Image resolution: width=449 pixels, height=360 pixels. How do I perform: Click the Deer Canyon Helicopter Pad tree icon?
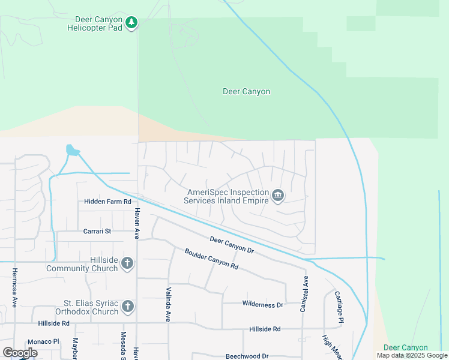click(x=131, y=23)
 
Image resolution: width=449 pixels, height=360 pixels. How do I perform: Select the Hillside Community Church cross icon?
click(x=127, y=263)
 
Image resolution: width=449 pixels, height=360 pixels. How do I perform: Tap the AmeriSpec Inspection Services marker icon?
click(x=278, y=196)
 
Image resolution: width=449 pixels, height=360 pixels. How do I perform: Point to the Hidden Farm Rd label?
click(x=107, y=202)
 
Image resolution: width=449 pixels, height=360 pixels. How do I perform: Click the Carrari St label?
click(x=97, y=230)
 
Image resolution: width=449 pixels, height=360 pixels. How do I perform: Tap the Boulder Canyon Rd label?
click(x=211, y=259)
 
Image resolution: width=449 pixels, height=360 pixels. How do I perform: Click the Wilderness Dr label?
click(x=262, y=305)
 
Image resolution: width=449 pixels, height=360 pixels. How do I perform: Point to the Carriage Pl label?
click(x=339, y=306)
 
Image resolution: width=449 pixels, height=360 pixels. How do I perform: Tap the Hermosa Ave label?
click(x=14, y=287)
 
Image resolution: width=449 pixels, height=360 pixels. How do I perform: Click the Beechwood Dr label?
click(x=246, y=356)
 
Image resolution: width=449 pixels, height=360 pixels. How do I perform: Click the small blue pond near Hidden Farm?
click(x=71, y=149)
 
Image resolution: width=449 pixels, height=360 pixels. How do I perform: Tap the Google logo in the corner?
click(x=20, y=353)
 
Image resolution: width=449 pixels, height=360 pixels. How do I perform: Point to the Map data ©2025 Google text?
click(x=412, y=355)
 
